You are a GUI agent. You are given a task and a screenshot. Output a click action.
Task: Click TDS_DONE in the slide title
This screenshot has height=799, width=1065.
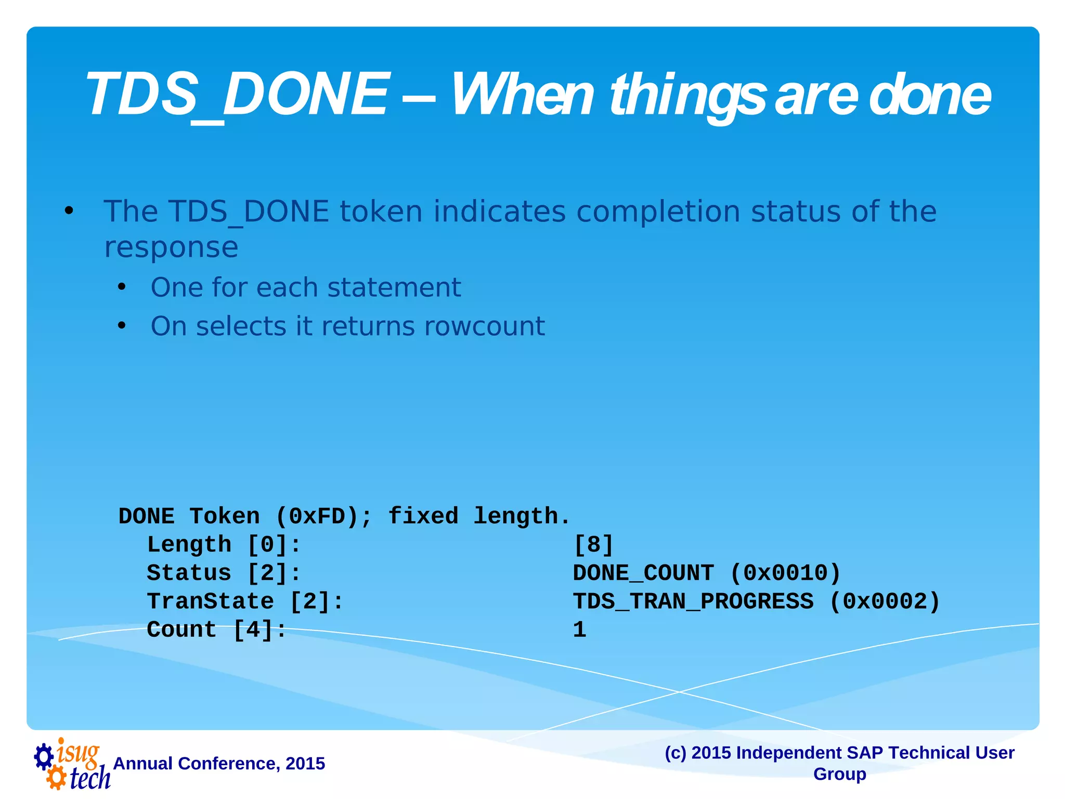point(237,95)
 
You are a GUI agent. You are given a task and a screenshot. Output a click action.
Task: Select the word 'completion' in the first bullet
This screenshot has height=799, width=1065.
point(657,212)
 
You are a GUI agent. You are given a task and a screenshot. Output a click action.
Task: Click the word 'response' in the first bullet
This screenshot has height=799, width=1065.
point(171,247)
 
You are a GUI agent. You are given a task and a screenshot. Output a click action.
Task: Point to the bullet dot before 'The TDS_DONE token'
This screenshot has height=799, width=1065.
point(69,211)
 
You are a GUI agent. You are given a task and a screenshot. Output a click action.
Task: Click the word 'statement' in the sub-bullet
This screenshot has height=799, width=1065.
point(394,288)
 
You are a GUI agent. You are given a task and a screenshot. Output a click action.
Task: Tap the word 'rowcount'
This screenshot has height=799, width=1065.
point(484,327)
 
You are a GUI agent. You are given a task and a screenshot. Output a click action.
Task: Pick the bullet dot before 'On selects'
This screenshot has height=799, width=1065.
point(122,326)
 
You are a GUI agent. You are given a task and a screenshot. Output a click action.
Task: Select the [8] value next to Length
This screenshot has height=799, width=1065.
point(593,545)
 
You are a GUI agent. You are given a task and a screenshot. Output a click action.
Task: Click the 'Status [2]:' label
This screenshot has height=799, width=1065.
point(224,573)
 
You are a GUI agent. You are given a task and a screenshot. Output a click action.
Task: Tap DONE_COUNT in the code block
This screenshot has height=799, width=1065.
point(643,573)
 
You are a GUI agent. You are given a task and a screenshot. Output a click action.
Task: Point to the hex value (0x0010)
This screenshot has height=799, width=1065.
point(785,573)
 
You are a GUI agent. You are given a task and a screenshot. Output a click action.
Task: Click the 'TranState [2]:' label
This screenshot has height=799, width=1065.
point(245,602)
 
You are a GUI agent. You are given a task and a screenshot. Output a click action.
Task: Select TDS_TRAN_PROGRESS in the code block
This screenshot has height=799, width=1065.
point(693,602)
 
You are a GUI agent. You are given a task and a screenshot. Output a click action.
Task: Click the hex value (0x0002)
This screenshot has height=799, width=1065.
point(885,602)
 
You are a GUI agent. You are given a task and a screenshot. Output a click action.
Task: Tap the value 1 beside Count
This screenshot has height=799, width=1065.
point(579,630)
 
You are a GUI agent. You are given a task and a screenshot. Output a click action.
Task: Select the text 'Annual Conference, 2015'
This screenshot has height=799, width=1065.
point(219,764)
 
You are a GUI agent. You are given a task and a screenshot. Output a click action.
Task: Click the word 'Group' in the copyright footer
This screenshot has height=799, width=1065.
point(839,774)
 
